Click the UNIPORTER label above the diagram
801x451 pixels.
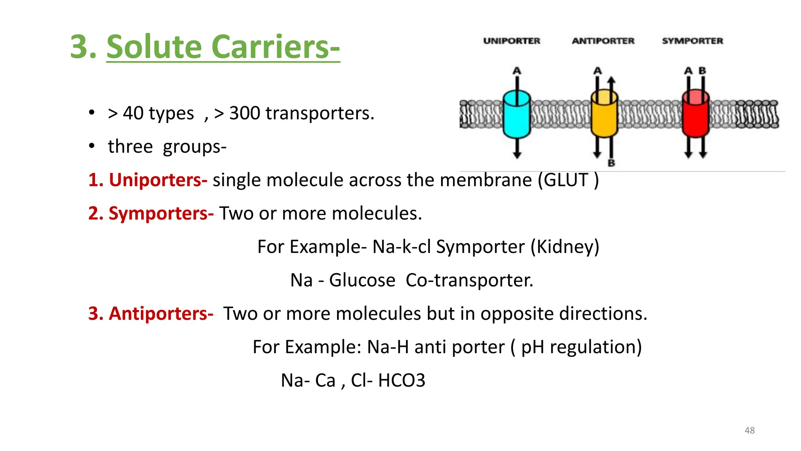click(512, 41)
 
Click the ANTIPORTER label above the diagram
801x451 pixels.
click(603, 41)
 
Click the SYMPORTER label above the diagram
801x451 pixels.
click(692, 41)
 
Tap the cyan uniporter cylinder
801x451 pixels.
click(517, 114)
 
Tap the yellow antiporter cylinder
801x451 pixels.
click(604, 114)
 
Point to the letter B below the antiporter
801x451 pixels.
click(611, 163)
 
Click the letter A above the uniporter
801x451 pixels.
click(517, 71)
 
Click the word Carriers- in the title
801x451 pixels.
click(275, 47)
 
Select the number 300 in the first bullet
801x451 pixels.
click(244, 113)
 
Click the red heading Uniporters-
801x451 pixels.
click(158, 180)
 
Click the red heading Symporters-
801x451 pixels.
click(161, 214)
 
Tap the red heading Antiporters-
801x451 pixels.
click(161, 314)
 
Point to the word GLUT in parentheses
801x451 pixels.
click(566, 180)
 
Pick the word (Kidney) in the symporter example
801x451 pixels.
click(565, 247)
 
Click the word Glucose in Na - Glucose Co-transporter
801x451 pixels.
click(362, 280)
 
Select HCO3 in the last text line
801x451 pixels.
click(401, 381)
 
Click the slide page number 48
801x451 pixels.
click(749, 430)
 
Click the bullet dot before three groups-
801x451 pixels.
click(92, 146)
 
